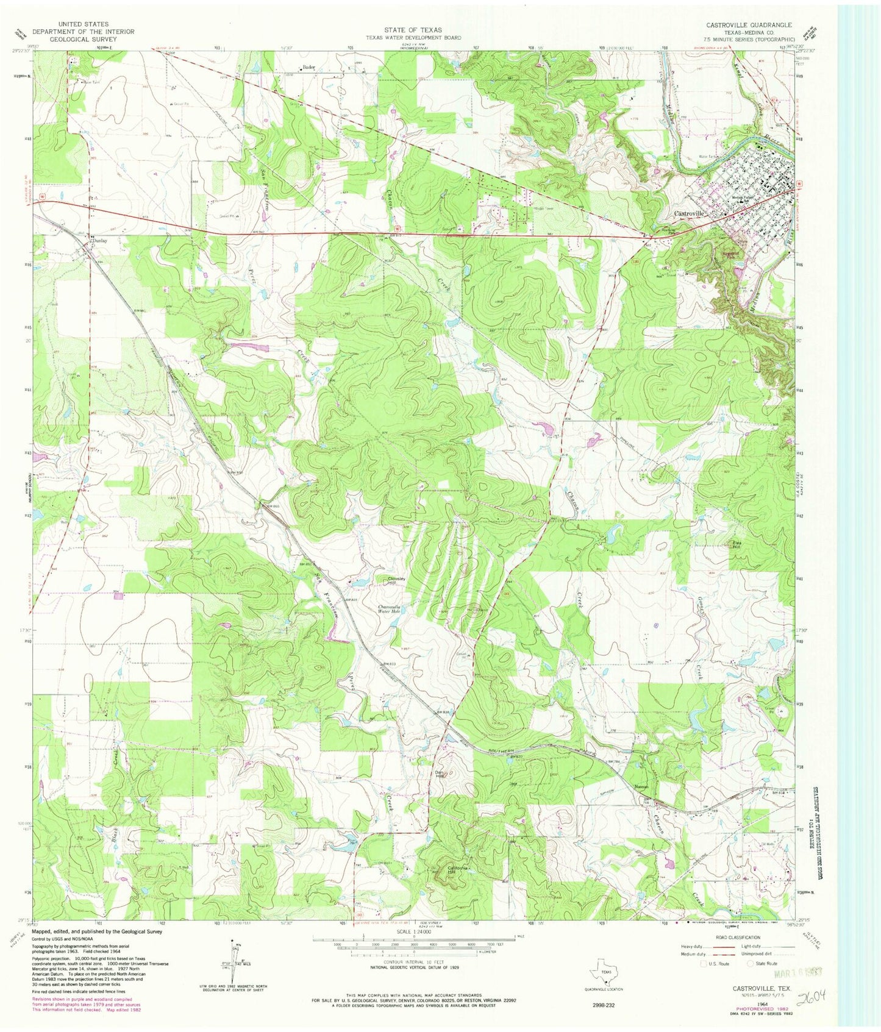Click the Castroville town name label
(x=688, y=214)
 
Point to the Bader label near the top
(x=309, y=68)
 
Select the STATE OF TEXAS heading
(x=413, y=29)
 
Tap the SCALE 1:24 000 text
(x=414, y=931)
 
